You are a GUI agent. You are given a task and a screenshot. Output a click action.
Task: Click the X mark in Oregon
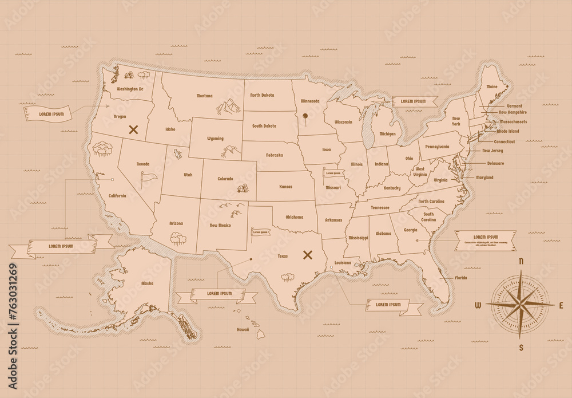134,129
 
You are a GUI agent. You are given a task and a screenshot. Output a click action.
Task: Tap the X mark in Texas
308,254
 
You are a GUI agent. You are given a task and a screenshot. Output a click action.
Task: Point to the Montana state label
204,96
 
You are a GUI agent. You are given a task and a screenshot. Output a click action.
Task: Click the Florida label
460,278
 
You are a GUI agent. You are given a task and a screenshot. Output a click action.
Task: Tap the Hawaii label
243,330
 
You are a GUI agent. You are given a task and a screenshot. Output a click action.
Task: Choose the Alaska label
147,283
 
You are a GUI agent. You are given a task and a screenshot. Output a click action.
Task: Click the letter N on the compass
521,261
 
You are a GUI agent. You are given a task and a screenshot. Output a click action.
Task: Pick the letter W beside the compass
478,305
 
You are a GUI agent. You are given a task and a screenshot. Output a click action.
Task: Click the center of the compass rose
521,304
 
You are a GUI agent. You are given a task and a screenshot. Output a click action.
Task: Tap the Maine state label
491,87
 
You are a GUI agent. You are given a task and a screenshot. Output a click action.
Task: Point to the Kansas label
285,187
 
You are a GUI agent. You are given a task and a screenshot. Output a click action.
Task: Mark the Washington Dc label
129,89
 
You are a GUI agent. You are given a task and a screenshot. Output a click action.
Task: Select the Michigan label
387,134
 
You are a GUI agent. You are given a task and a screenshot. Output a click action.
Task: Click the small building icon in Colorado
243,188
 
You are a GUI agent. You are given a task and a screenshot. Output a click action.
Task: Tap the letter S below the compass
521,347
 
